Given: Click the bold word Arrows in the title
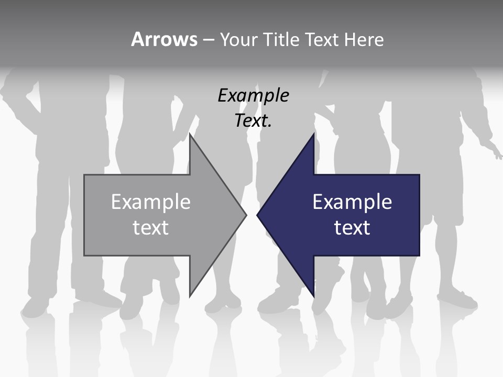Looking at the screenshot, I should (x=164, y=39).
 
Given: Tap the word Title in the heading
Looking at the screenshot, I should (x=279, y=39).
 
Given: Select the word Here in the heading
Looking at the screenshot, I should (x=364, y=39).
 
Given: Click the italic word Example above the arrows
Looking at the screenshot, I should (x=253, y=95).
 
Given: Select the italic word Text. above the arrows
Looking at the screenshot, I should (x=253, y=120).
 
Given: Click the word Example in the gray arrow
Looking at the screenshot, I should (x=150, y=202).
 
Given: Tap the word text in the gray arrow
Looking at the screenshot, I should (x=150, y=228).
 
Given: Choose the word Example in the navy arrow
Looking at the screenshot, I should (x=352, y=202).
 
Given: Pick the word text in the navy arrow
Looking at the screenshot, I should (x=352, y=228).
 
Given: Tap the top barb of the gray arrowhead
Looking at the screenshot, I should (x=191, y=137).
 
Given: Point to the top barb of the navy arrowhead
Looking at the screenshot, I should (x=312, y=137).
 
